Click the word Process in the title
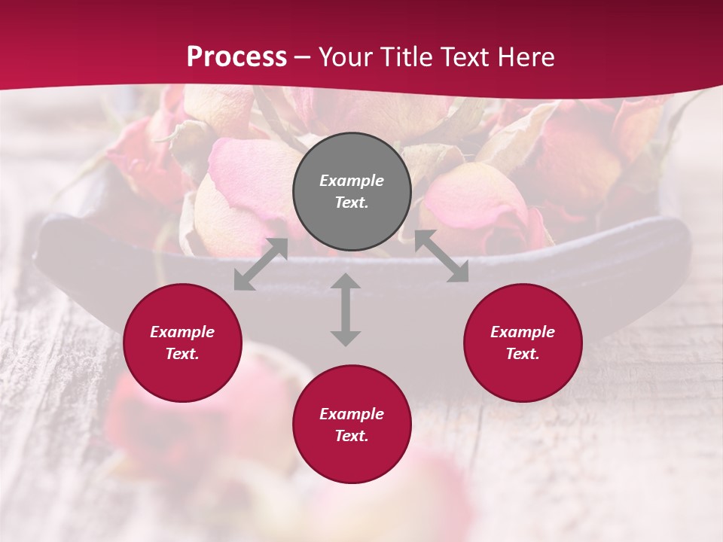point(236,57)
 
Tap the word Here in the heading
point(524,57)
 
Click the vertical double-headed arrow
point(346,309)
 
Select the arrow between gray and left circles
point(261,264)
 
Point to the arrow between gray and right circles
point(441,257)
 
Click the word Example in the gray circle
point(352,181)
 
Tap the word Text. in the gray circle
point(352,202)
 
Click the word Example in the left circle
point(182,332)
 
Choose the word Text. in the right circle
point(523,354)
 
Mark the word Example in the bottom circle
point(352,414)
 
